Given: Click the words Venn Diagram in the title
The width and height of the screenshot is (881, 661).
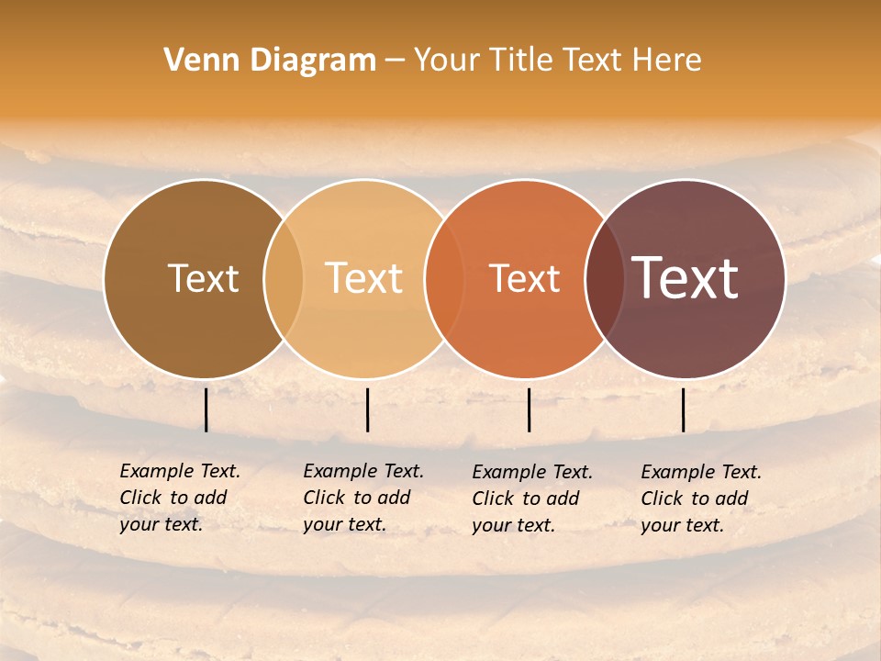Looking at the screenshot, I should tap(270, 61).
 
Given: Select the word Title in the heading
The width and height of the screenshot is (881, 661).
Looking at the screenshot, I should tap(521, 61).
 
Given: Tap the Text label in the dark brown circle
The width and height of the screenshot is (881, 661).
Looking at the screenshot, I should tap(203, 278).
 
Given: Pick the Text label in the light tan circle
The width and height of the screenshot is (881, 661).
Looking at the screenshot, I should tap(364, 278).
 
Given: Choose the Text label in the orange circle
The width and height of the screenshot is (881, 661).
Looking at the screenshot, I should tap(525, 278).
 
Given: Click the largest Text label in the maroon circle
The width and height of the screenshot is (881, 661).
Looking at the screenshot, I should tap(686, 278).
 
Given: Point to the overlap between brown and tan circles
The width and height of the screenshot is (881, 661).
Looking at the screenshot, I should tap(284, 278).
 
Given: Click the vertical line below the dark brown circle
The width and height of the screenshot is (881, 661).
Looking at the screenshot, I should tap(206, 409).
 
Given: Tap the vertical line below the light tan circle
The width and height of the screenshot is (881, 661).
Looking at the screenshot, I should tap(367, 409).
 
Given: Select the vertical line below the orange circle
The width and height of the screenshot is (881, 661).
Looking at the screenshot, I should tap(529, 409).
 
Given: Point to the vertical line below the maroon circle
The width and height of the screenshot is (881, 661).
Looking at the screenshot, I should tap(683, 409).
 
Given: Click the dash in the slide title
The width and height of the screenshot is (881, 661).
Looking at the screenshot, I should tap(395, 61).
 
